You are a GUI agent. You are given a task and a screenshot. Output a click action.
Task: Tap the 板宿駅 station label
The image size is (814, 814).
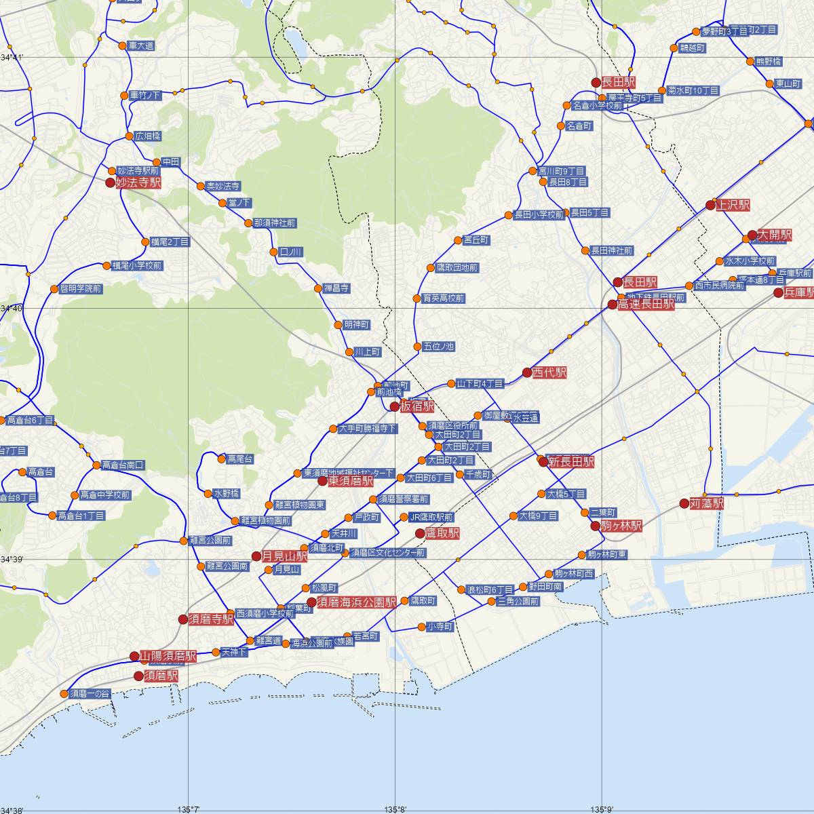click(417, 406)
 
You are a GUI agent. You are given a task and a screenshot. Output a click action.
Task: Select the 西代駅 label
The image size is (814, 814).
click(549, 372)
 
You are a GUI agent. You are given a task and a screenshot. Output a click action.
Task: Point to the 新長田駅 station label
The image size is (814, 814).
click(571, 462)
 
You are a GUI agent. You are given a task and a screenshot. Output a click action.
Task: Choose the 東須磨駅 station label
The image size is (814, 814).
click(350, 481)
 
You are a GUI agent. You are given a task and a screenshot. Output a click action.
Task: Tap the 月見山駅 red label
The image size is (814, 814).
click(284, 556)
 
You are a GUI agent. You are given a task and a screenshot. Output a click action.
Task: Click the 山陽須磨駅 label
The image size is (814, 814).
click(168, 656)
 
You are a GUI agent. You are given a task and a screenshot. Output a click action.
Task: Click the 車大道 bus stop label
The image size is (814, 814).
click(141, 46)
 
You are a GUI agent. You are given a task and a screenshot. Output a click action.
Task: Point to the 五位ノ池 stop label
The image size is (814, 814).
click(438, 347)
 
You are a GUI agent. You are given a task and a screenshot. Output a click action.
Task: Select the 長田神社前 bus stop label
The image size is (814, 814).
click(611, 250)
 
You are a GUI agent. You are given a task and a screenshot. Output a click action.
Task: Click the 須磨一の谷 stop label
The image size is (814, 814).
click(89, 693)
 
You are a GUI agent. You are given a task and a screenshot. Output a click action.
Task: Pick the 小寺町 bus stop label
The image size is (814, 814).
click(440, 627)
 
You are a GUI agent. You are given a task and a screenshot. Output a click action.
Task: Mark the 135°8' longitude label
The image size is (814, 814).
click(395, 809)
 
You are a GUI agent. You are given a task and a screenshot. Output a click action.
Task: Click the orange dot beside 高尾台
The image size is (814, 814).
click(222, 459)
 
